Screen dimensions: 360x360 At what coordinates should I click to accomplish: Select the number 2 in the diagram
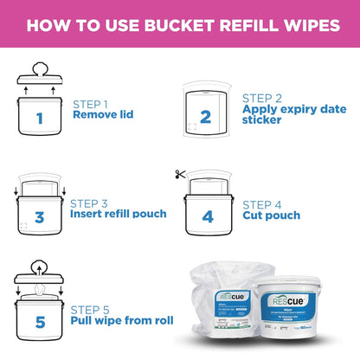[205, 117]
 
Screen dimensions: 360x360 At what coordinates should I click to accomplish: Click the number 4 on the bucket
[208, 216]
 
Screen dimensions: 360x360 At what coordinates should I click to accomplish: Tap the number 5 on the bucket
[39, 323]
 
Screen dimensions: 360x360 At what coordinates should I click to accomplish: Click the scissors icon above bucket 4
[179, 175]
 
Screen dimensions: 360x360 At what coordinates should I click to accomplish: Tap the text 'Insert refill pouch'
[119, 214]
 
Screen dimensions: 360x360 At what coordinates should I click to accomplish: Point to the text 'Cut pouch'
[271, 215]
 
